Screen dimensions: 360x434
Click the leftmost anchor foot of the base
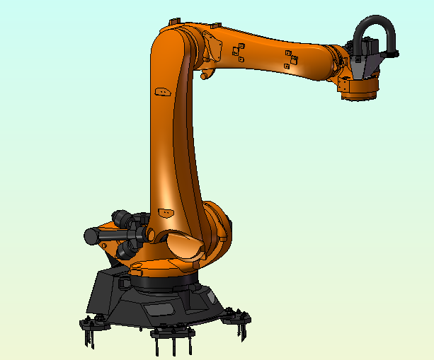pos(90,327)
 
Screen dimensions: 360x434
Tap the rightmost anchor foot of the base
pos(237,317)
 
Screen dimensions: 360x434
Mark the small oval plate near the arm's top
pos(163,91)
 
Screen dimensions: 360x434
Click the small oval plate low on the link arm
pos(166,211)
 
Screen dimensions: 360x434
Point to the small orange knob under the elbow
pos(203,73)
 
